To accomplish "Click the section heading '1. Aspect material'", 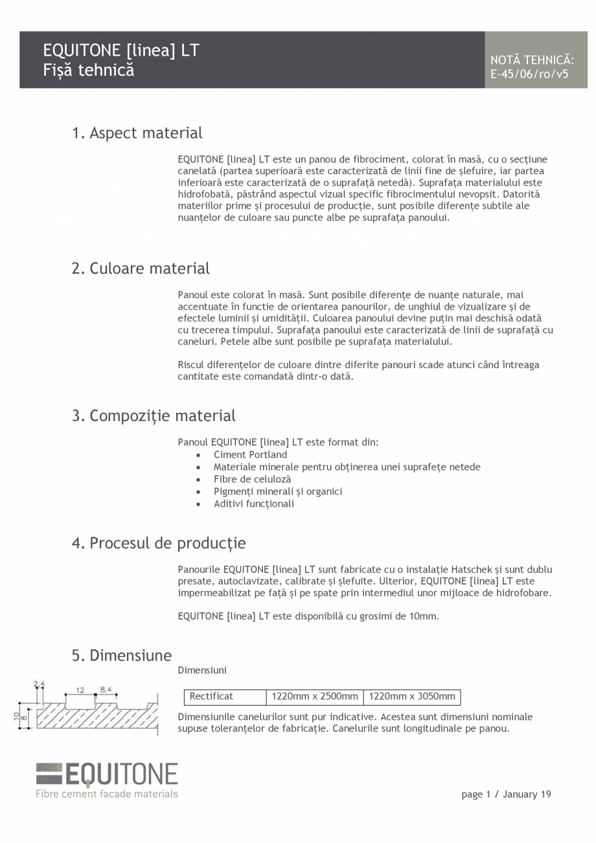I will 137,133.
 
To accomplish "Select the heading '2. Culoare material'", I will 141,268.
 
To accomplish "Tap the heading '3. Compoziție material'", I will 154,415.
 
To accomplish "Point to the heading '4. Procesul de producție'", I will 159,543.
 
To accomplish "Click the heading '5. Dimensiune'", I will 122,655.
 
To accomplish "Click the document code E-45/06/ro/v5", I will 529,74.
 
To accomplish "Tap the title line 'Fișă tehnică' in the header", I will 89,70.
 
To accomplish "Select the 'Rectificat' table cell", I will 211,697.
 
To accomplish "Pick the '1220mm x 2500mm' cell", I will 315,697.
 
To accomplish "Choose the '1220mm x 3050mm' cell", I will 412,697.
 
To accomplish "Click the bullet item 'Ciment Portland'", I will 250,455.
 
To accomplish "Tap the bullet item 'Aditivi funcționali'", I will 254,503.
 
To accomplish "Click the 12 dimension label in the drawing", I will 80,690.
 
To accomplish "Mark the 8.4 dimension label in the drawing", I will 106,690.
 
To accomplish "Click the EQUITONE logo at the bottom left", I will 107,775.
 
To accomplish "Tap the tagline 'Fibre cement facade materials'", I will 107,794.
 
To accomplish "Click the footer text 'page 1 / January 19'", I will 506,794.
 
